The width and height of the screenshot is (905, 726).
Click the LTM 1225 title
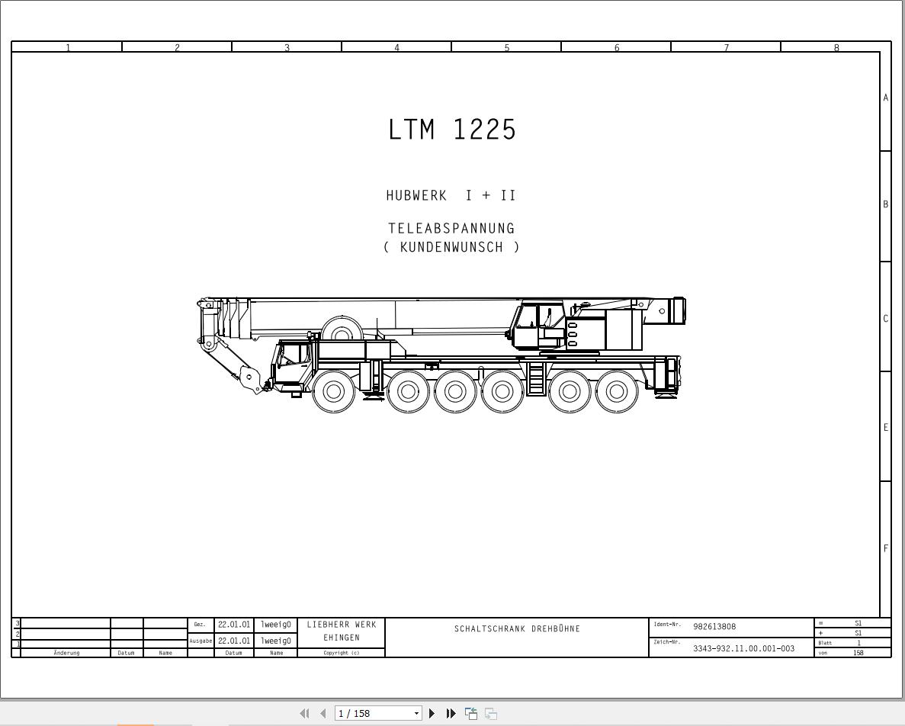[x=452, y=130]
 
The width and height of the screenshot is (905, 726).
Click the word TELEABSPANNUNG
[x=451, y=229]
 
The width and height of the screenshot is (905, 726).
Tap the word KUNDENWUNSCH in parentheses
[x=451, y=247]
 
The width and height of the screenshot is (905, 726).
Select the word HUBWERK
[x=416, y=196]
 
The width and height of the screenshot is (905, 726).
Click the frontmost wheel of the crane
[x=333, y=391]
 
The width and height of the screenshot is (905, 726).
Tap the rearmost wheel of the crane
[x=616, y=391]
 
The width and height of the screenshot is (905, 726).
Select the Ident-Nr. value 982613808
[x=714, y=627]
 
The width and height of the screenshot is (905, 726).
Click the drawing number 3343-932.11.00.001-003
[x=744, y=648]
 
